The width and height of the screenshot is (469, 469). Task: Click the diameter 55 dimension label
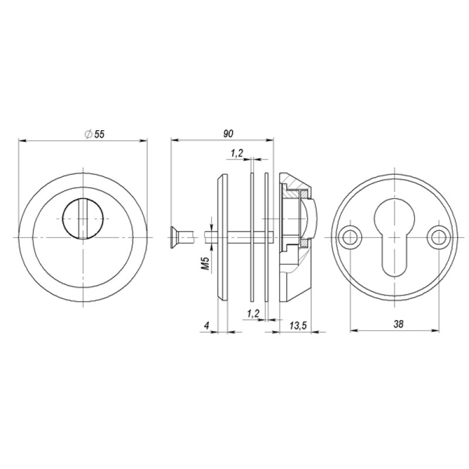pos(95,134)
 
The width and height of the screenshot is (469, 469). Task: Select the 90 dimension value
pos(228,134)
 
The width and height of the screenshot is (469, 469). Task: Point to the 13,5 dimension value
pos(298,326)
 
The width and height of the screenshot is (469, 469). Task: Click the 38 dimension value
pos(398,324)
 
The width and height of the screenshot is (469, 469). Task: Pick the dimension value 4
pos(206,325)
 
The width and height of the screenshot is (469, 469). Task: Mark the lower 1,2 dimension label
pos(253,314)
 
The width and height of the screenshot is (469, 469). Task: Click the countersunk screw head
pos(174,237)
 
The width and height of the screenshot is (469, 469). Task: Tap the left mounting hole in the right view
pos(348,238)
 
